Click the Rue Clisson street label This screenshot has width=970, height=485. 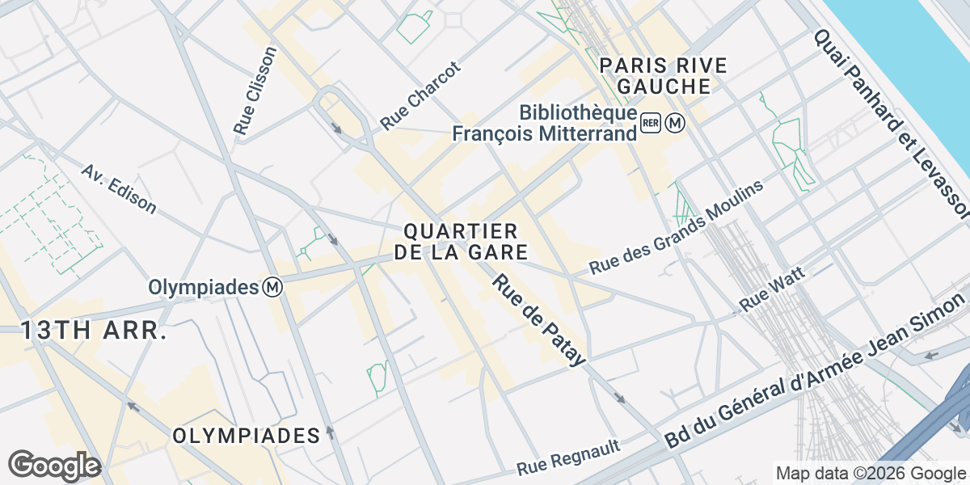[255, 89]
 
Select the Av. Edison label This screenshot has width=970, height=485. [119, 189]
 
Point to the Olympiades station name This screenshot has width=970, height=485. [203, 288]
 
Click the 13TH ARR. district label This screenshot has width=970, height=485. [93, 331]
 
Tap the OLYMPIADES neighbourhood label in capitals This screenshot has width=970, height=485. [247, 436]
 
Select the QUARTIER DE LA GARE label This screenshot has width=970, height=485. [461, 242]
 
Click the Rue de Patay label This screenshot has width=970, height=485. [538, 320]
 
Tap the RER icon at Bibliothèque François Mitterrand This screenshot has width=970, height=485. [652, 123]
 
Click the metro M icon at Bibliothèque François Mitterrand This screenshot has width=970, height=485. [676, 123]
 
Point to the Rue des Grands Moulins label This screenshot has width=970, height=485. [676, 227]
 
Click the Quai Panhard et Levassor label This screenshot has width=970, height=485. [891, 124]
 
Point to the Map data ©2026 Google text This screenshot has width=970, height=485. [871, 473]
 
